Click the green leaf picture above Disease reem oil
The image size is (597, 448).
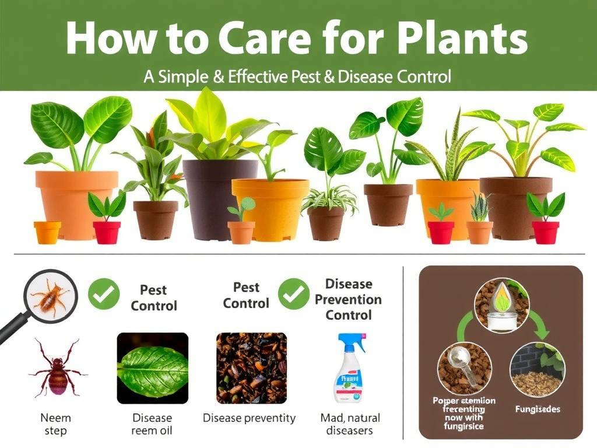152,368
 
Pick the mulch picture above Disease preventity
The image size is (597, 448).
251,368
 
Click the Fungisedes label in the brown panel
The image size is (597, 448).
538,409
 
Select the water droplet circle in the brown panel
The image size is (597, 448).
501,304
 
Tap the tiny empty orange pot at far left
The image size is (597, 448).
47,232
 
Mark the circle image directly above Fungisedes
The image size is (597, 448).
537,369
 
